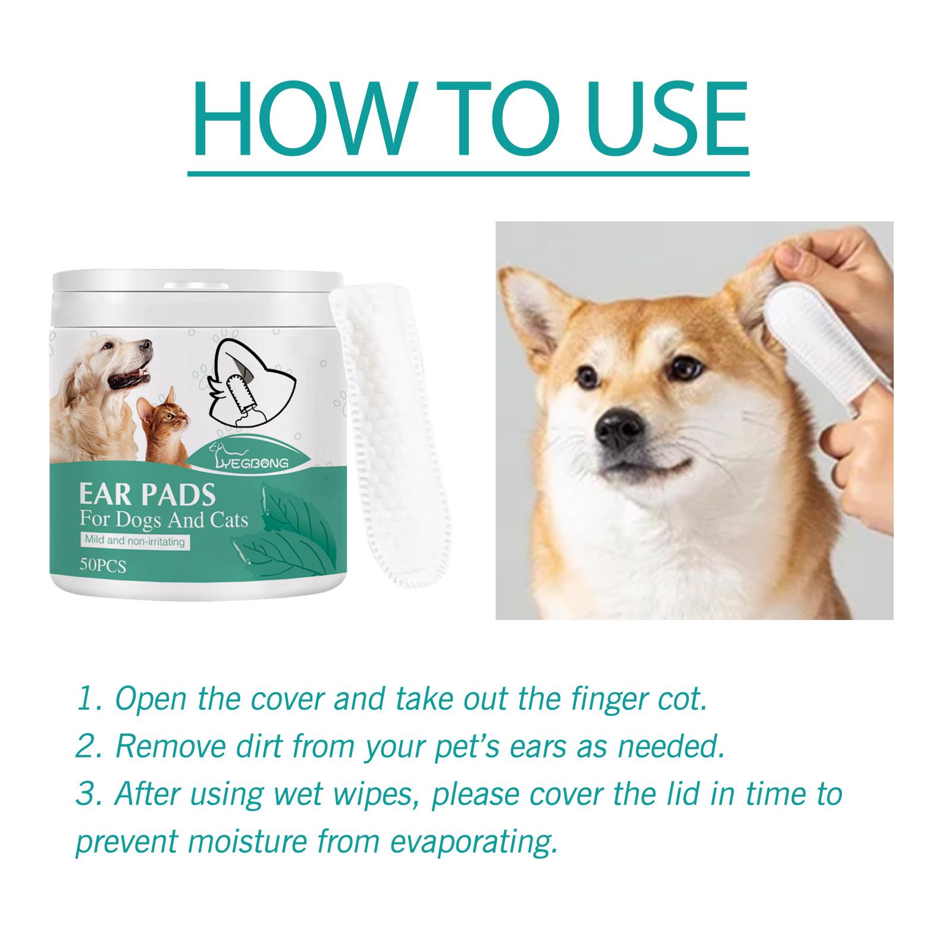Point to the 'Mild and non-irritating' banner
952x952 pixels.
[134, 541]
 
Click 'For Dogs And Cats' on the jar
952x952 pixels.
[164, 521]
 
